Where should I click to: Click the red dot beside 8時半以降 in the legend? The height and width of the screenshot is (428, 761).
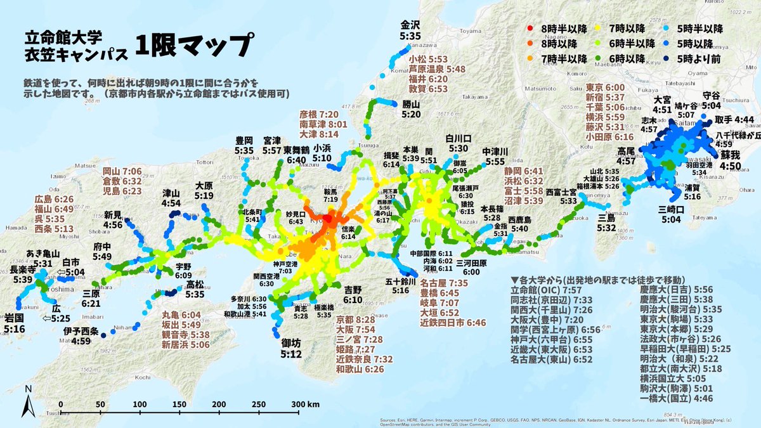tap(530, 29)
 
